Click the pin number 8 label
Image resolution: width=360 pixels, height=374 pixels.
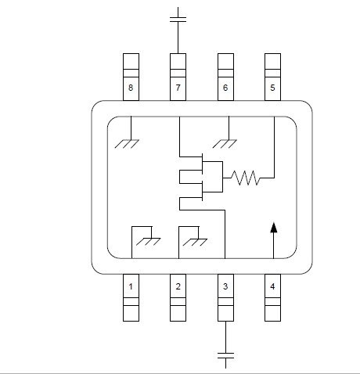coord(131,88)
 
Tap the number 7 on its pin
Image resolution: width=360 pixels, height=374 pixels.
coord(178,88)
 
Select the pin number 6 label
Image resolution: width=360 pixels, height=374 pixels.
coord(225,88)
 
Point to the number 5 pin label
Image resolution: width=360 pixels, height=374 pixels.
coord(272,88)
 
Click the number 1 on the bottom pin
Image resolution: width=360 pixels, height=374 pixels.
coord(131,286)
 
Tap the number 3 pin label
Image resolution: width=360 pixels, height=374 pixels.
coord(225,286)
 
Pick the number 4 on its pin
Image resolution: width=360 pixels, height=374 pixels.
coord(272,286)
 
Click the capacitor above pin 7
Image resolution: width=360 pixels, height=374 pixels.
coord(178,20)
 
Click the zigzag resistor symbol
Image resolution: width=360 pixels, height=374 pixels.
coord(246,178)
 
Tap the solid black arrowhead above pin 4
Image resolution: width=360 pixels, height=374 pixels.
coord(273,227)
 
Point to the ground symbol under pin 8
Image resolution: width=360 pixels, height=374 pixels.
coord(127,144)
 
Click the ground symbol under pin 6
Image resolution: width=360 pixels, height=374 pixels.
coord(225,144)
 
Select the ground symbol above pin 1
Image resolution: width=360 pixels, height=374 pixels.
coord(148,242)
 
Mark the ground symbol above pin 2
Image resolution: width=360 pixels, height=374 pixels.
coord(195,243)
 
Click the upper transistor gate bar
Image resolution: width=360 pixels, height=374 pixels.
coord(203,164)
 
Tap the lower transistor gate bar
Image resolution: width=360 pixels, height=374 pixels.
coord(203,192)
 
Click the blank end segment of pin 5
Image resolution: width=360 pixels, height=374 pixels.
coord(272,61)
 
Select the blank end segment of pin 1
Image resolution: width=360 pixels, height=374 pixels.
coord(131,313)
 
